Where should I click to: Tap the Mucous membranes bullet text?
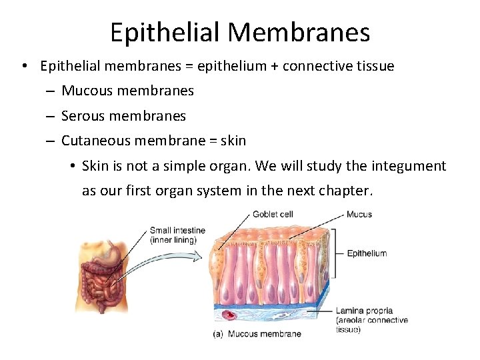click(x=127, y=90)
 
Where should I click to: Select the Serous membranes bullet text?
click(x=123, y=116)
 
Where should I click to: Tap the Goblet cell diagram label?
click(x=273, y=215)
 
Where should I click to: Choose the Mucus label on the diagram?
click(x=359, y=215)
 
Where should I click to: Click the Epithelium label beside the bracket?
click(x=367, y=253)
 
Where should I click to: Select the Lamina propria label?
click(x=364, y=311)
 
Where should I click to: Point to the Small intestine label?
click(x=177, y=231)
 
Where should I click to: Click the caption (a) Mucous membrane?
click(x=257, y=334)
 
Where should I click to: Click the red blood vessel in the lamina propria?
click(x=231, y=315)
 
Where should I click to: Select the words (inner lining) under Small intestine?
click(x=173, y=240)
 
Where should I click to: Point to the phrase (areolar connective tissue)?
click(x=371, y=325)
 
